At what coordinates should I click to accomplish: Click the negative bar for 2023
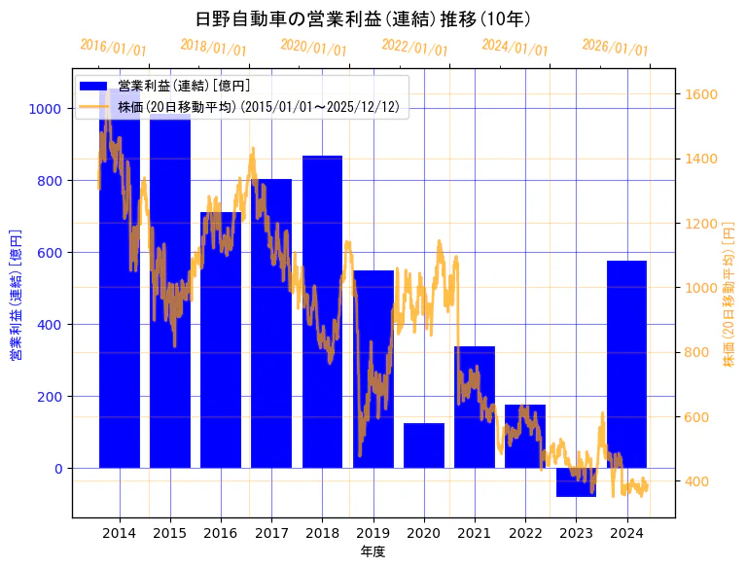pyautogui.click(x=576, y=482)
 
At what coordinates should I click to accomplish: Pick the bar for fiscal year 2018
pyautogui.click(x=322, y=311)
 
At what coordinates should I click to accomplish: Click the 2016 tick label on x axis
pyautogui.click(x=221, y=533)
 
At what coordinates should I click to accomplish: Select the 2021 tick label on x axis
pyautogui.click(x=475, y=533)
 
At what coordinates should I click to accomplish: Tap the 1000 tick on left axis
pyautogui.click(x=45, y=109)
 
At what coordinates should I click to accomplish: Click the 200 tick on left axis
pyautogui.click(x=49, y=397)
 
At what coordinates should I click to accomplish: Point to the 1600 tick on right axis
pyautogui.click(x=701, y=94)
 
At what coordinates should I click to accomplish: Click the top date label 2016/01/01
pyautogui.click(x=114, y=48)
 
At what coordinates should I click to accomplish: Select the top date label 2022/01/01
pyautogui.click(x=415, y=48)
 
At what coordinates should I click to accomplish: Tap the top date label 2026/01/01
pyautogui.click(x=615, y=48)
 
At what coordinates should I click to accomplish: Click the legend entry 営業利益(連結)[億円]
pyautogui.click(x=185, y=87)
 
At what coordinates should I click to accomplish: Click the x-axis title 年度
pyautogui.click(x=373, y=551)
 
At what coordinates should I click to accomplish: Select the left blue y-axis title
pyautogui.click(x=15, y=295)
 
